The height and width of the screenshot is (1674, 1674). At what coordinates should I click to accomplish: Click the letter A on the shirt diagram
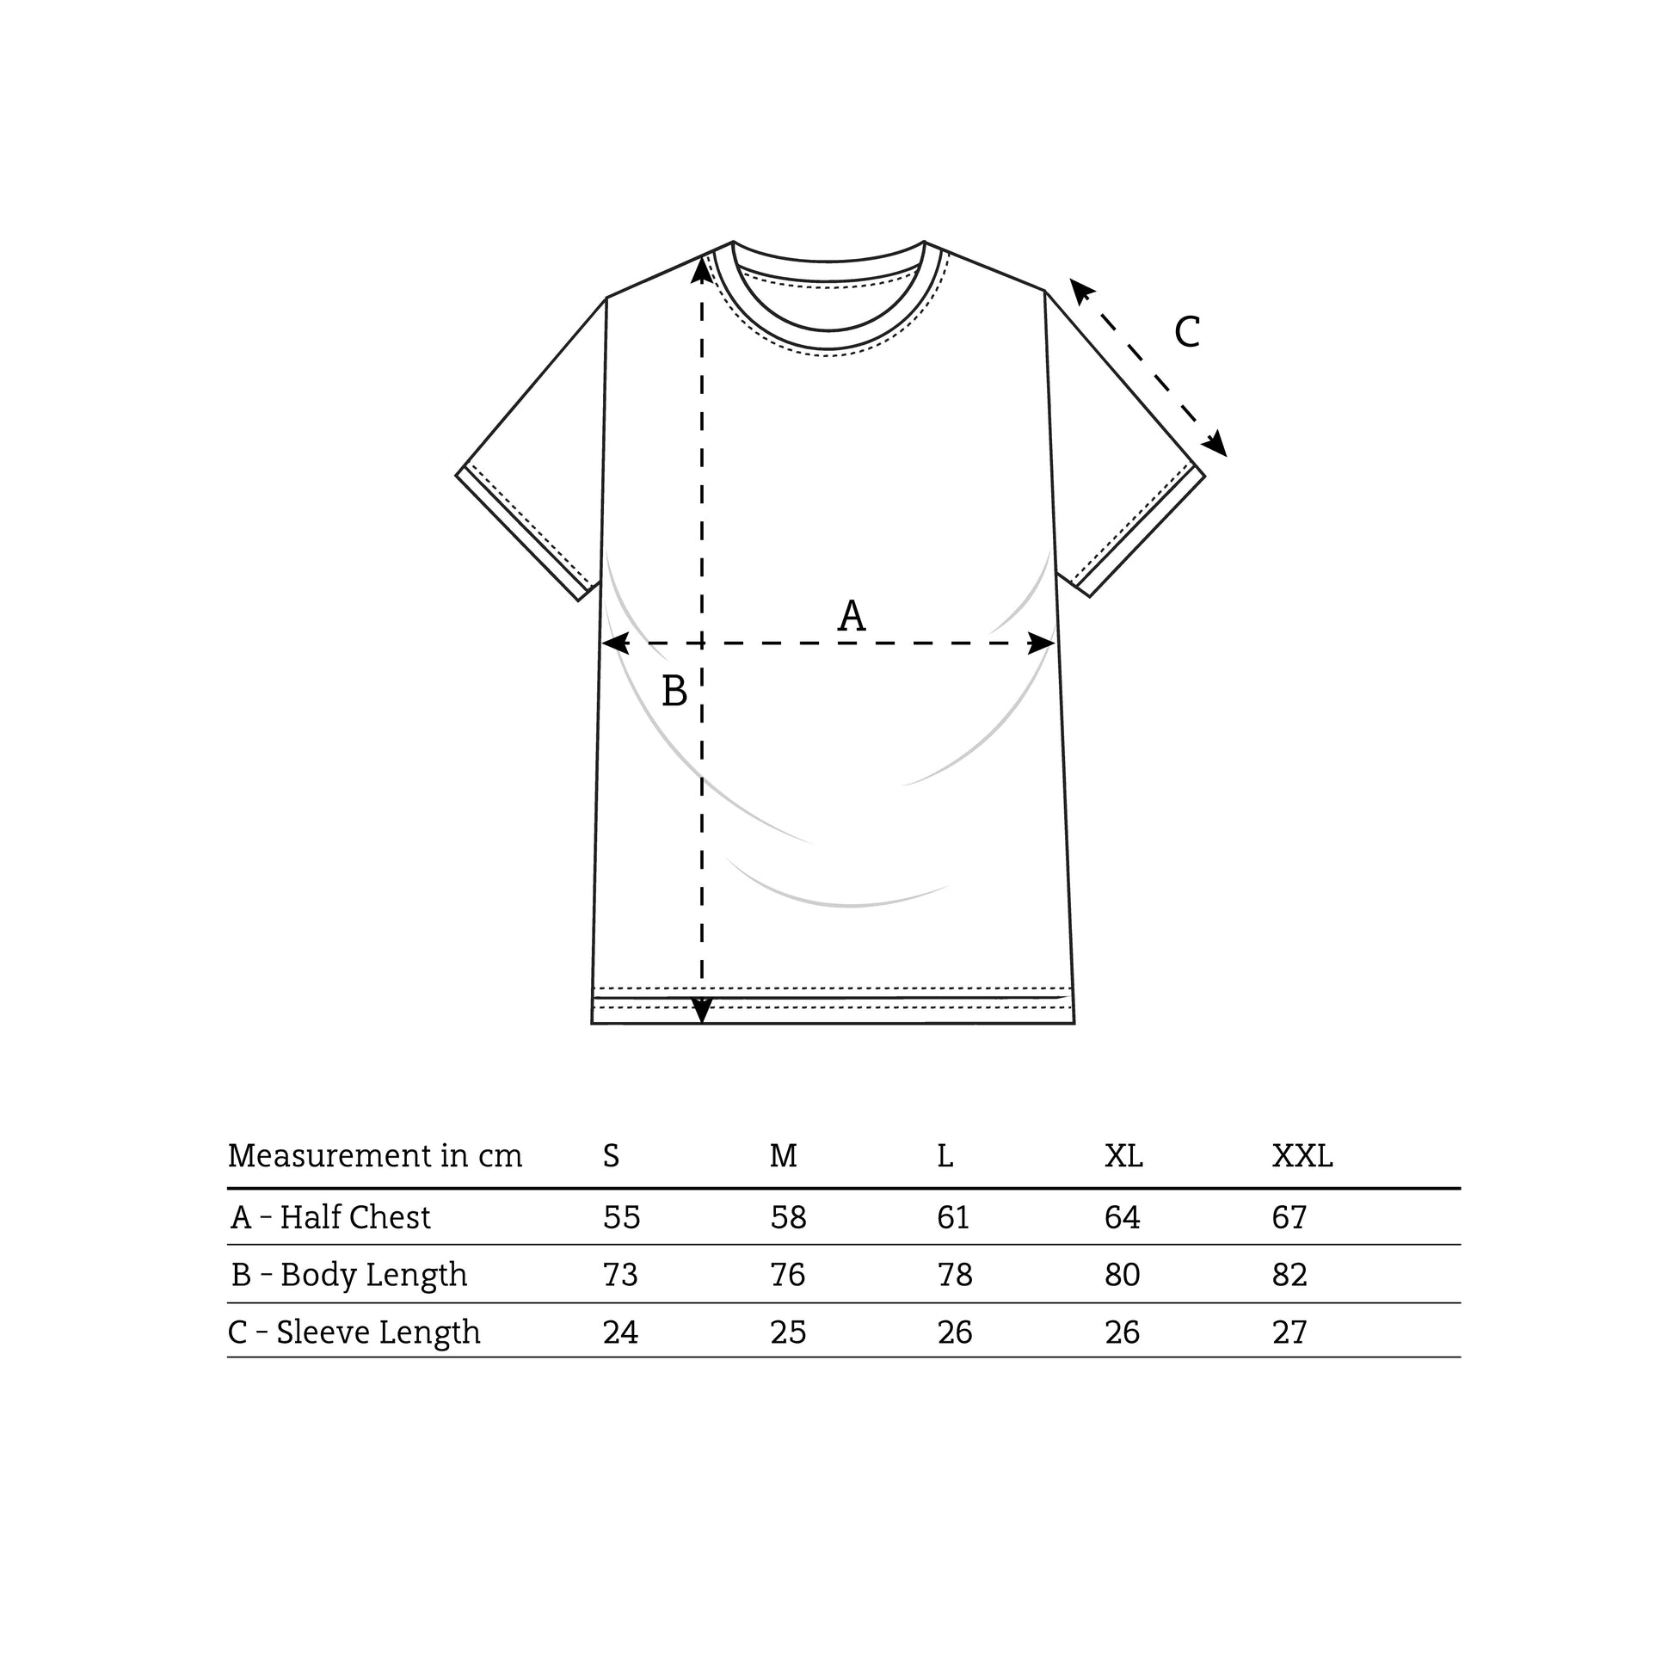point(851,616)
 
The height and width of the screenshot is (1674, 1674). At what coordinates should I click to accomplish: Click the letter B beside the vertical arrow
point(674,692)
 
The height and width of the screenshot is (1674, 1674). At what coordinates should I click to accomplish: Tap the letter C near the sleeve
point(1187,332)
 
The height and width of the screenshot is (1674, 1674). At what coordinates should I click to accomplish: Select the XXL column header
point(1302,1156)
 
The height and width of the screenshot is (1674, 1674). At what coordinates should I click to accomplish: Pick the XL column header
point(1123,1156)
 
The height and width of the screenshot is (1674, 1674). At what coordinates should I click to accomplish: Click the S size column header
point(611,1156)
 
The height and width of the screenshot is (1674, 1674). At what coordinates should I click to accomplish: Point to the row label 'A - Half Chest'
point(330,1217)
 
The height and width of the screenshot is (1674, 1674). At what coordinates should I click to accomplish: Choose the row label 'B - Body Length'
point(349,1275)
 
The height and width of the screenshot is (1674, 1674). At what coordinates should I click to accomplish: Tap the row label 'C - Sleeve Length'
point(354,1332)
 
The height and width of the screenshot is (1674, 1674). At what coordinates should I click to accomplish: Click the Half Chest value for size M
point(789,1217)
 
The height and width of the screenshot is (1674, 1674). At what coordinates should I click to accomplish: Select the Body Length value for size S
point(620,1275)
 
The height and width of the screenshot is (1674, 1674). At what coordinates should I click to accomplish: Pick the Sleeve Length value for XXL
point(1289,1332)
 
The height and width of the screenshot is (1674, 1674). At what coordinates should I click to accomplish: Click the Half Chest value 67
point(1289,1217)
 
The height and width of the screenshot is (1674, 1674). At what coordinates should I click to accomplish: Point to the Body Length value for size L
point(955,1275)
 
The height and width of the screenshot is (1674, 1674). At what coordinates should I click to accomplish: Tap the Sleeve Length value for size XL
point(1122,1332)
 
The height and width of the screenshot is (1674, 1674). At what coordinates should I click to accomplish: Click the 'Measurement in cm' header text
point(375,1156)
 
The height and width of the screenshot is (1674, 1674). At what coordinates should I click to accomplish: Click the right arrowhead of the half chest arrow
point(1043,643)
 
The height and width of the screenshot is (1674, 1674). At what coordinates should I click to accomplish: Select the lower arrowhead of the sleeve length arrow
point(1216,445)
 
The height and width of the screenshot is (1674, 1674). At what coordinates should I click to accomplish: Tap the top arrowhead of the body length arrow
point(702,268)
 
